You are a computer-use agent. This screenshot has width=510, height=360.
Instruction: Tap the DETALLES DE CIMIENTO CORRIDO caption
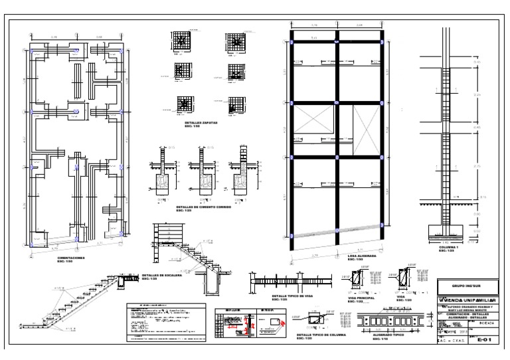coord(205,207)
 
